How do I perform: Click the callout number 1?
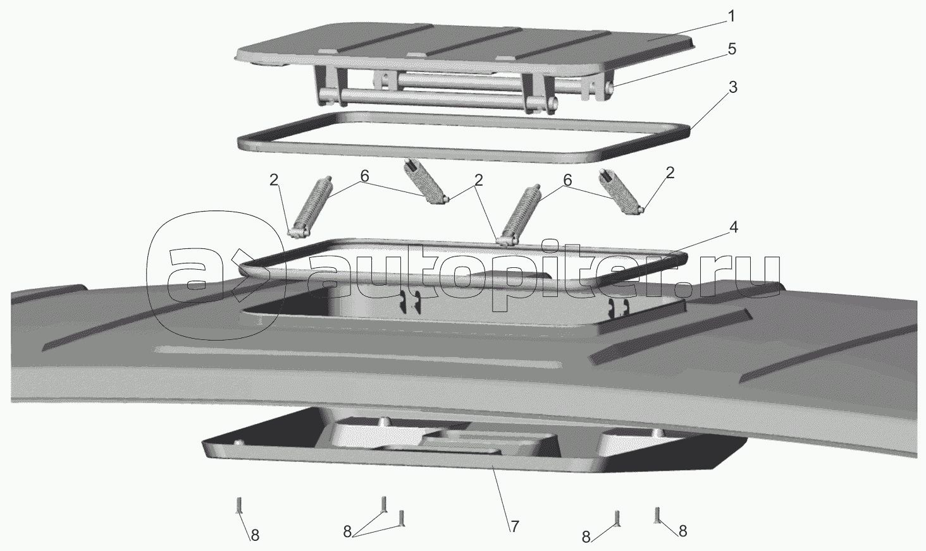(731, 16)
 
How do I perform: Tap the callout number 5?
(731, 49)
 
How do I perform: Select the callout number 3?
(732, 87)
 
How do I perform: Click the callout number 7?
(514, 525)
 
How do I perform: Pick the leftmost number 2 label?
(273, 179)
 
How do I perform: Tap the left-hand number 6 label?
(364, 179)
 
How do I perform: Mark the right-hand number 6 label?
(567, 180)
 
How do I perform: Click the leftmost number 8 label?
(255, 535)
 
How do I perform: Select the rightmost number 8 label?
(682, 531)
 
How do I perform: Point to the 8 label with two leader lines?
(347, 531)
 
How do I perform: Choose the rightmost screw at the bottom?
(658, 516)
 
